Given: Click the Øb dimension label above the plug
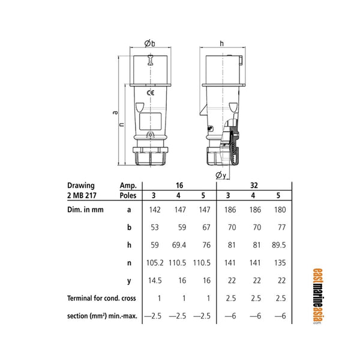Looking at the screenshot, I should coord(150,43).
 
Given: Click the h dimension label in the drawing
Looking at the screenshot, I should coord(221,43).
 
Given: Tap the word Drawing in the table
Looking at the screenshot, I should coord(81,185).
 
